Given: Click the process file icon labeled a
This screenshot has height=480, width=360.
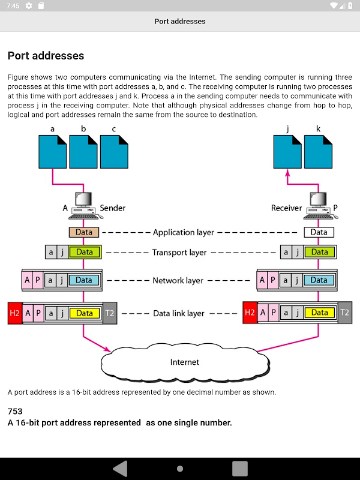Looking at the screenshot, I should coord(53,152).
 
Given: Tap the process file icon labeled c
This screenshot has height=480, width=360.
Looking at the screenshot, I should coord(114,152).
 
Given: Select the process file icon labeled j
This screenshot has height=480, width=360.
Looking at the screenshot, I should coord(287,152).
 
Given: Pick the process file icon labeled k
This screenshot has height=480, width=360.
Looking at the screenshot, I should coord(318,152).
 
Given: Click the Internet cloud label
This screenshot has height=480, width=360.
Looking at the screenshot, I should coord(184,362).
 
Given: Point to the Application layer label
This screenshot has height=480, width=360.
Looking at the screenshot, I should coord(183,232).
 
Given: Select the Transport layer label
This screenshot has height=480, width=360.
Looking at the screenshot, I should coord(179,253).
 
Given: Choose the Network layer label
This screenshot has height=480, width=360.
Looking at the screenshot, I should coord(178,280).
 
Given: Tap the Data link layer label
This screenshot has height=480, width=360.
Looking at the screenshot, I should coord(179,313).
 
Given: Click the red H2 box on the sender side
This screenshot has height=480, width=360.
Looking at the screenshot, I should coord(15,313).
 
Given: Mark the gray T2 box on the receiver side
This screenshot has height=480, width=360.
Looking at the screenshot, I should coord(344,313).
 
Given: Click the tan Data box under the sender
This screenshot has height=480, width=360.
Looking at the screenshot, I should coord(83,232).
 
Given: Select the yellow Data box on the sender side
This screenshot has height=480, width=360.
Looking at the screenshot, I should coord(85,313).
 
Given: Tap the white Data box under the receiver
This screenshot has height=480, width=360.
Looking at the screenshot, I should coord(319,232).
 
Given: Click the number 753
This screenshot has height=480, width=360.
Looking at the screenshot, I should coord(15,412).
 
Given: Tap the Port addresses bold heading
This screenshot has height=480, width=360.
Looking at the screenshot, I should coord(46,56).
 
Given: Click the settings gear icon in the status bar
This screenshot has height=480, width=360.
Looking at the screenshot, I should coord(28,6).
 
